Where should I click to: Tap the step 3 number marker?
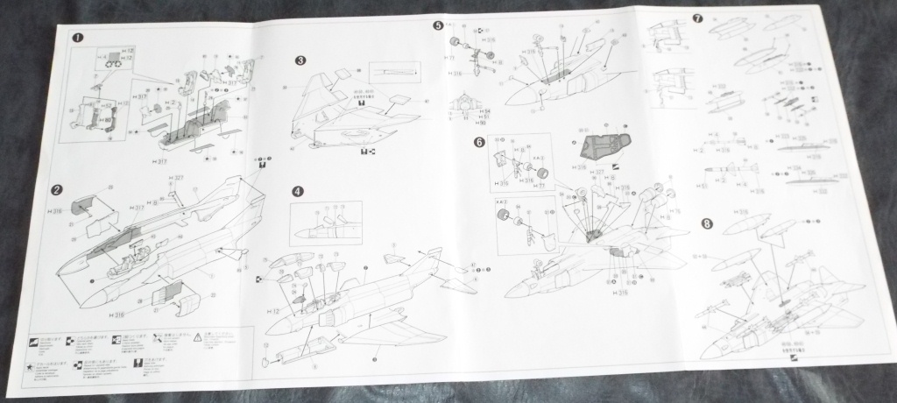pos(300,60)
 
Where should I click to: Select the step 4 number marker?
pos(298,191)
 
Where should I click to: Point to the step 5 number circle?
pos(438,26)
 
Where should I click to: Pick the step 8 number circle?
pos(706,224)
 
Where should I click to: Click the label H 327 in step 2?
pos(177,178)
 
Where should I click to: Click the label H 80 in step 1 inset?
pos(103,110)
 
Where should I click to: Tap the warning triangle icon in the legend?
pos(197,336)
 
